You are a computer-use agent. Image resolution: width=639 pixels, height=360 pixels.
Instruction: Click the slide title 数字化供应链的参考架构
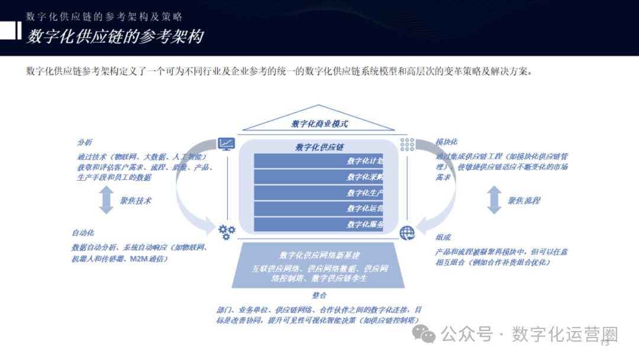[115, 37]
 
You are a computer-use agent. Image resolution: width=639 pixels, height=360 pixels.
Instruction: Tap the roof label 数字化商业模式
[319, 124]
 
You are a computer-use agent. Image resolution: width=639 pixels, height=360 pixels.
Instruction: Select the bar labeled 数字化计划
[319, 161]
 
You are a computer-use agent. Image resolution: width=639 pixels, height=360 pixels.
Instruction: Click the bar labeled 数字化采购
[319, 177]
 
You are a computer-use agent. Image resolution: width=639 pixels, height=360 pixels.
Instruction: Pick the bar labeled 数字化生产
[319, 193]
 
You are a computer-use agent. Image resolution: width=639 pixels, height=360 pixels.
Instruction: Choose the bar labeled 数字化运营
[319, 208]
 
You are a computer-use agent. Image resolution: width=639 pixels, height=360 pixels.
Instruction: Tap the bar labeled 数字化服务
[319, 224]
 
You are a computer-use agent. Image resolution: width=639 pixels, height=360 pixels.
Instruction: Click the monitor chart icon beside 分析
[226, 144]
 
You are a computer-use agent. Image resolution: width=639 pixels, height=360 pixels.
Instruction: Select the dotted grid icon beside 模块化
[407, 144]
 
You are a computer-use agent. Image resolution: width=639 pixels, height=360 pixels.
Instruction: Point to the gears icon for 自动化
[227, 232]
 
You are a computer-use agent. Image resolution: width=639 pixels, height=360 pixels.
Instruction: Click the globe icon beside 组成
[407, 233]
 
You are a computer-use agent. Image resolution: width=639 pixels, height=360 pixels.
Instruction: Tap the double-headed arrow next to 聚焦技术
[106, 200]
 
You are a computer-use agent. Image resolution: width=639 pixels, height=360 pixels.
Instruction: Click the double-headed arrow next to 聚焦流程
[494, 200]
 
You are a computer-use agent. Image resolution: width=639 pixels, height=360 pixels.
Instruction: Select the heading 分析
[85, 142]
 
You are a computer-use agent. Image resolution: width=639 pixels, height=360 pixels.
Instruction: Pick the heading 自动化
[83, 233]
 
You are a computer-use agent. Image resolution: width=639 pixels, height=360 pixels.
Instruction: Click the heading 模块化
[446, 142]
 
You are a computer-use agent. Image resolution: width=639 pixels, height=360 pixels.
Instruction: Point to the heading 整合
[319, 295]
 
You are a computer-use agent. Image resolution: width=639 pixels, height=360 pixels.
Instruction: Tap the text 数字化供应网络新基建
[319, 255]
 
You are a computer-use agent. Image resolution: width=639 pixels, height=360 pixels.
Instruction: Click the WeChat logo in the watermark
[424, 335]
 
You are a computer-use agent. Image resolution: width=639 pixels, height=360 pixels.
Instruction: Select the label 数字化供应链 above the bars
[319, 147]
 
